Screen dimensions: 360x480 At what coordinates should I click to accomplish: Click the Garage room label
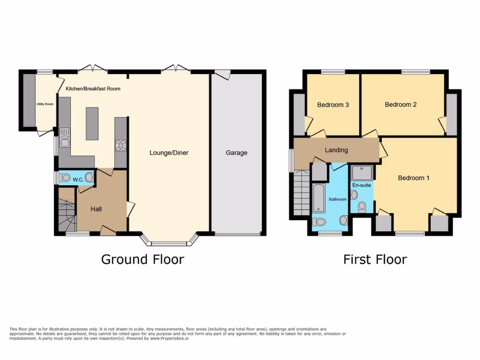[x=236, y=153]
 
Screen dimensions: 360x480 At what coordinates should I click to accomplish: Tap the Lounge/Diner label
[x=169, y=153]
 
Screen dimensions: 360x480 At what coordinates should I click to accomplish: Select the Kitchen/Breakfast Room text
[x=93, y=88]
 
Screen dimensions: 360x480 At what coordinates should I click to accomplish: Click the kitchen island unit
[x=92, y=124]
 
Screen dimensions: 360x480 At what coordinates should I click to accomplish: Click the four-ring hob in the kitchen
[x=120, y=146]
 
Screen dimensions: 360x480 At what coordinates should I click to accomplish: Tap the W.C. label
[x=78, y=179]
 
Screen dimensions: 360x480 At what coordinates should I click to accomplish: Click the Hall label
[x=96, y=209]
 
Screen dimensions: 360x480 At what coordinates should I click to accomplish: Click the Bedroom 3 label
[x=333, y=105]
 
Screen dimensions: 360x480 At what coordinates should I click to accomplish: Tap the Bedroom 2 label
[x=400, y=105]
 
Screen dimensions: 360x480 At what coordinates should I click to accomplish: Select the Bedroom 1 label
[x=413, y=178]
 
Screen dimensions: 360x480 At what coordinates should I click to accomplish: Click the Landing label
[x=336, y=150]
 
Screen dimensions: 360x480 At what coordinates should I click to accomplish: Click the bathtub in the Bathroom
[x=318, y=198]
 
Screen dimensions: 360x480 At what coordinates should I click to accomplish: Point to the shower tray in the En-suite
[x=362, y=172]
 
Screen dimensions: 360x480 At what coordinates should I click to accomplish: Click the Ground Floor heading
[x=142, y=259]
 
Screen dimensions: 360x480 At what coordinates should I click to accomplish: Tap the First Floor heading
[x=375, y=259]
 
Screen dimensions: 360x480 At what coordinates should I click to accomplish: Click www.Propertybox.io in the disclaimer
[x=169, y=338]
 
